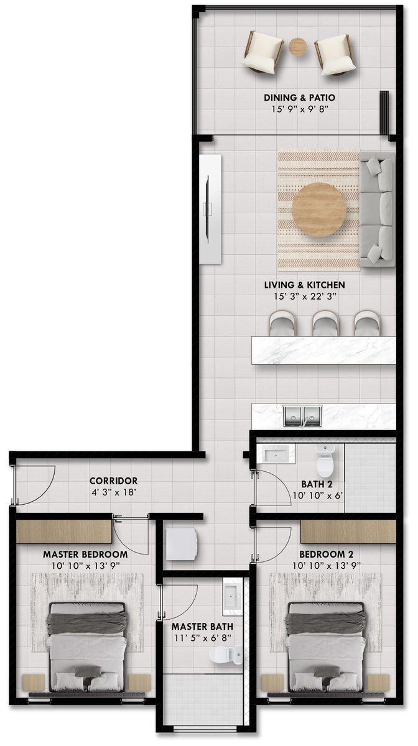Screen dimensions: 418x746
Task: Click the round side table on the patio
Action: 297,47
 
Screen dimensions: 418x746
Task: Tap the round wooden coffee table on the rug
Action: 319,210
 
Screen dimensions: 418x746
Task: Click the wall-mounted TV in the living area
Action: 207,208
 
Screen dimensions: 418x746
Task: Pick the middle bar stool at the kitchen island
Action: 325,323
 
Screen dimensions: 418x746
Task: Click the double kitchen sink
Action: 303,416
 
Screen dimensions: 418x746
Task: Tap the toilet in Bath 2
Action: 325,461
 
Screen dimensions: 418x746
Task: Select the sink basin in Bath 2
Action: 276,454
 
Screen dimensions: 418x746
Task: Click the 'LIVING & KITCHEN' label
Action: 305,285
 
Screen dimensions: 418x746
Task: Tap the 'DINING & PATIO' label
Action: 299,98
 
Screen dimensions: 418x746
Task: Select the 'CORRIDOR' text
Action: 114,481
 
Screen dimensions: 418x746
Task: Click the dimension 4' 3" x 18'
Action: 114,492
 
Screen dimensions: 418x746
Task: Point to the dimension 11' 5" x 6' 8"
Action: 203,638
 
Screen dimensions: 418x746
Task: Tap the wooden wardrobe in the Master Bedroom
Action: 64,532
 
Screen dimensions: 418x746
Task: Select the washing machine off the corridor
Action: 182,544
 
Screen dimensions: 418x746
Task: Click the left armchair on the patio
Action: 263,52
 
